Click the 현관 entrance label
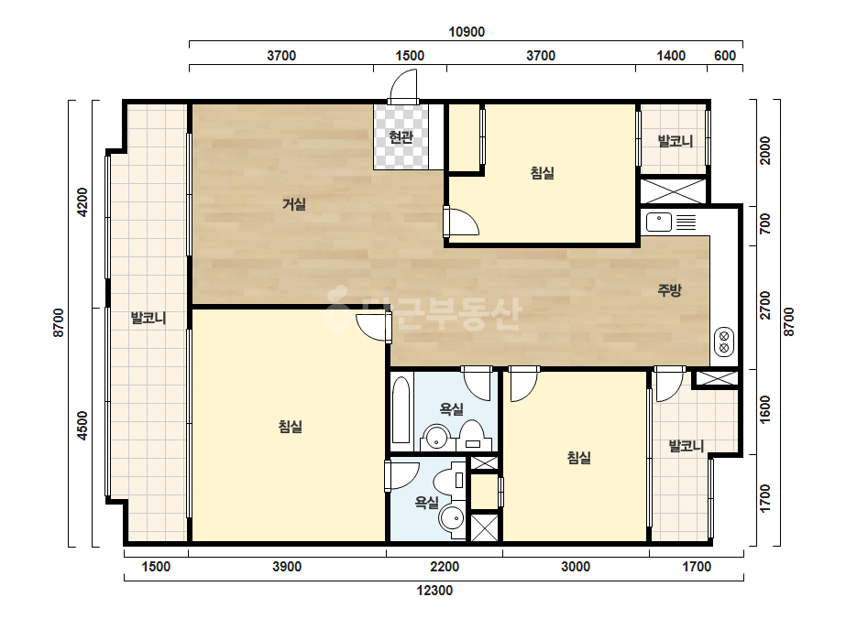401,137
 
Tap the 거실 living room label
294,204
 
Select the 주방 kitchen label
670,290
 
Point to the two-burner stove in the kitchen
724,342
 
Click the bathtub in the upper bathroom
401,410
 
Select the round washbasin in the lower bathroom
452,518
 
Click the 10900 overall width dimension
467,32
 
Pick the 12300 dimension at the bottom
434,591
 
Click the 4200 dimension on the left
82,201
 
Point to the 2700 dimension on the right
765,305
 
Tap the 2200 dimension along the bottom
445,567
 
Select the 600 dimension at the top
725,56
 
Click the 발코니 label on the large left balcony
148,318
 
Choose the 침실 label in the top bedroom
543,173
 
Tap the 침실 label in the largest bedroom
291,427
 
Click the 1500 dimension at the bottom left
156,567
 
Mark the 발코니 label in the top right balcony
675,141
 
